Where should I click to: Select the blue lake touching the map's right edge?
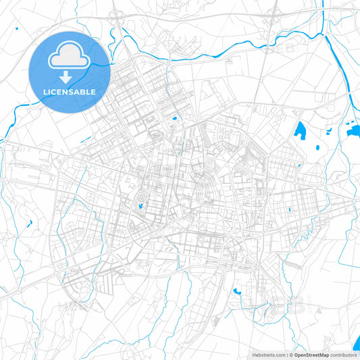pos(353,131)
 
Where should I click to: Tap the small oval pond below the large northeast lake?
pos(317,147)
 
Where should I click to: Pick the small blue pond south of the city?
pos(237,291)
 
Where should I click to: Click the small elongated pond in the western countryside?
pos(29,223)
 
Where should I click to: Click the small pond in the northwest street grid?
pos(174,120)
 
